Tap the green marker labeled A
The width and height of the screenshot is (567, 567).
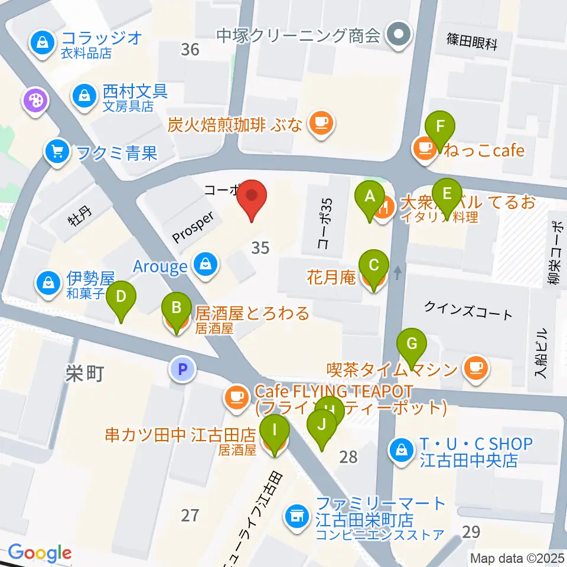(x=370, y=197)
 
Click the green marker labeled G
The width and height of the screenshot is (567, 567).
(x=412, y=346)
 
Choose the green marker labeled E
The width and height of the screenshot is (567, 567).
(x=447, y=195)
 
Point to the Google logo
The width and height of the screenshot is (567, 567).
(x=40, y=552)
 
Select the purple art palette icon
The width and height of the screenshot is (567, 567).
(x=34, y=100)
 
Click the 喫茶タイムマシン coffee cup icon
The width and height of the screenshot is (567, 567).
(x=476, y=368)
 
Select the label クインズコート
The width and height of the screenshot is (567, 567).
(x=469, y=309)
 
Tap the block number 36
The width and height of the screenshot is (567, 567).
(x=190, y=50)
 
